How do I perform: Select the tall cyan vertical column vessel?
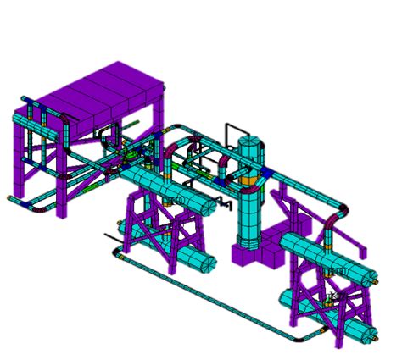[x=251, y=203]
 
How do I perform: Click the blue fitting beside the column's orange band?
[x=267, y=174]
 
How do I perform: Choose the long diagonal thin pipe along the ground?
[x=204, y=293]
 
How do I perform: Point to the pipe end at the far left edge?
[x=10, y=199]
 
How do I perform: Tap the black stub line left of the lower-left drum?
[x=110, y=236]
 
